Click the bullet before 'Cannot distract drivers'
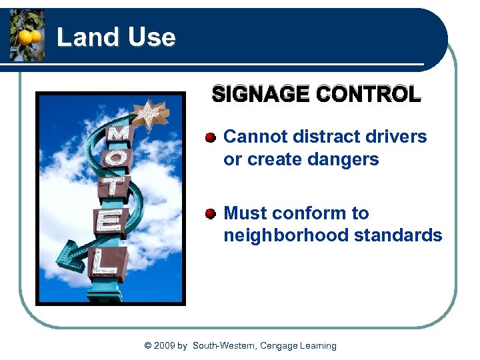click(211, 137)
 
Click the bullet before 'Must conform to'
click(211, 214)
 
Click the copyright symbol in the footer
click(147, 345)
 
